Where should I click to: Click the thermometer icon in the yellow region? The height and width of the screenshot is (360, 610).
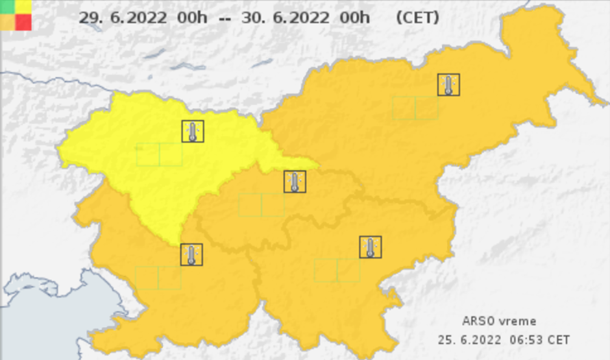click(x=192, y=131)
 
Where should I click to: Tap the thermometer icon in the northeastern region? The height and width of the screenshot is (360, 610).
click(x=448, y=84)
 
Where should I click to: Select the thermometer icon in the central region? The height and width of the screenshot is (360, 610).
click(x=295, y=182)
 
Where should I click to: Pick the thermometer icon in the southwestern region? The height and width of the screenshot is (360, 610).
click(x=191, y=254)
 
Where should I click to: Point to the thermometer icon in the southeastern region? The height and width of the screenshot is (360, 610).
click(x=370, y=247)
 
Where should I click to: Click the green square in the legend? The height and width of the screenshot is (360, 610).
click(x=8, y=6)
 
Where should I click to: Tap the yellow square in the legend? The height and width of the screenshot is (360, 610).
click(x=23, y=6)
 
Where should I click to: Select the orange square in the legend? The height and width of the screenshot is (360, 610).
click(x=8, y=22)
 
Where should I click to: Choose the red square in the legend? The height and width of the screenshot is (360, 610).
click(x=23, y=22)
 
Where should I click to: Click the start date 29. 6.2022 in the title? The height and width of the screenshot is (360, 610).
click(x=120, y=18)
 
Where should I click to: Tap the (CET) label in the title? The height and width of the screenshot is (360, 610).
click(x=417, y=18)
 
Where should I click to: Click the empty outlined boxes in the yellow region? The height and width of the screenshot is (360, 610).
click(x=159, y=154)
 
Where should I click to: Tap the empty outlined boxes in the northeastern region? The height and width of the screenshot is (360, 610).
click(x=415, y=108)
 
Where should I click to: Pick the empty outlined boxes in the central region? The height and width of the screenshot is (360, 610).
click(x=262, y=205)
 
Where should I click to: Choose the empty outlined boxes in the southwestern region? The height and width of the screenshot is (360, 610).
click(x=158, y=278)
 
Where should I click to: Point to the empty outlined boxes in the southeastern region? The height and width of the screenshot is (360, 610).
click(x=337, y=270)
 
